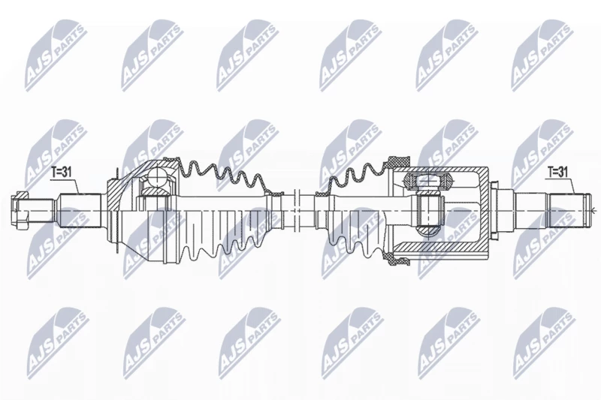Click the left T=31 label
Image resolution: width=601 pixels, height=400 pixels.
(x=62, y=173)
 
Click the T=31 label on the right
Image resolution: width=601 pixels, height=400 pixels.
(x=557, y=173)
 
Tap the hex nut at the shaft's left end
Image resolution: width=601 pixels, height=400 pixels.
(x=20, y=210)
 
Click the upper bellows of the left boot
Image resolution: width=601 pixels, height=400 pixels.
(x=222, y=176)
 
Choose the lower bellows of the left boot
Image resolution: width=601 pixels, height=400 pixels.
(x=222, y=245)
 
